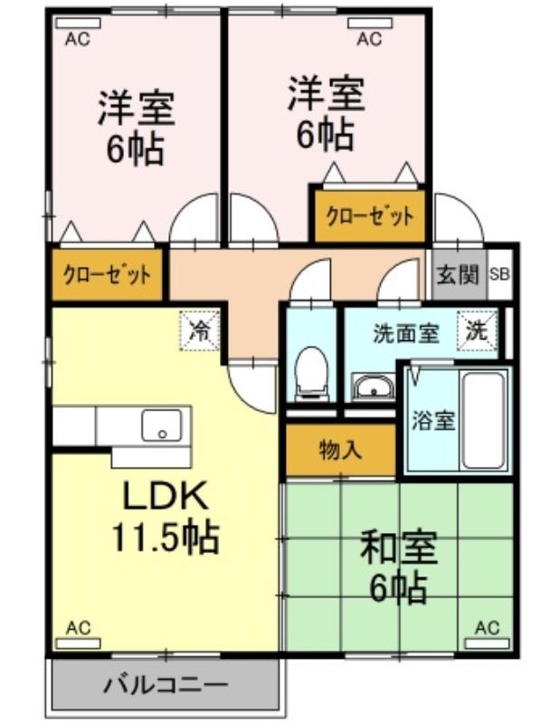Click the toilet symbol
point(311,372)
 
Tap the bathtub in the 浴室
point(483,420)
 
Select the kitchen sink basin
point(162,424)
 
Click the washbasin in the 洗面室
point(373,386)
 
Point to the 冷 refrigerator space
point(200,330)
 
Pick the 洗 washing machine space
point(478,331)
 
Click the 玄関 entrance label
point(458,275)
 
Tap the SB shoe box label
point(499,275)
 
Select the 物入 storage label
point(341,450)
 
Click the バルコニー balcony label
point(166,684)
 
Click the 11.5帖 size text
point(166,538)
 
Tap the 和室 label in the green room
point(398,548)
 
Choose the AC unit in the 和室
point(487,643)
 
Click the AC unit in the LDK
point(78,643)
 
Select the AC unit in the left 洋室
point(78,24)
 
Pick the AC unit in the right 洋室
point(370,24)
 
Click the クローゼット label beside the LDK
point(107,276)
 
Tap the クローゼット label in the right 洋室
point(370,216)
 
